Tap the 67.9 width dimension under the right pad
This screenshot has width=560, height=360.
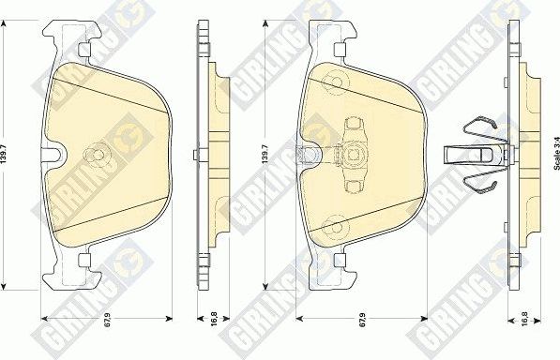(x=361, y=327)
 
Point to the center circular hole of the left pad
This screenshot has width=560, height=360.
(x=94, y=156)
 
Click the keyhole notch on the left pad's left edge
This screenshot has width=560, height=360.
(x=53, y=156)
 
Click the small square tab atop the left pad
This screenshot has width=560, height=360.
(x=85, y=49)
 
